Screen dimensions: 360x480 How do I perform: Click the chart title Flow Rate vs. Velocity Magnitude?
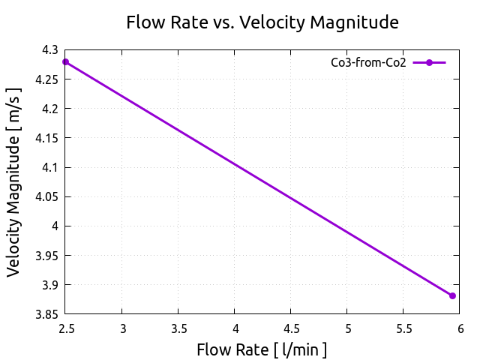[262, 22]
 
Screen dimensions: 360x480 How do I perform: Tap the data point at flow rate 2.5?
[66, 61]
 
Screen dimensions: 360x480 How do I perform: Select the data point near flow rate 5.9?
[452, 295]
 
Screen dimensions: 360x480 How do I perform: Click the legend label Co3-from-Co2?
[368, 63]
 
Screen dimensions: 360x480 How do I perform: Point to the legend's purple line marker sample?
[429, 63]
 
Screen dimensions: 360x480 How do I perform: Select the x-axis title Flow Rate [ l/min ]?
[262, 349]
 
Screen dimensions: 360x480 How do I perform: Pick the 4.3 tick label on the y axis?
[50, 50]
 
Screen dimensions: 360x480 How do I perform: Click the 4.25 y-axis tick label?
[47, 79]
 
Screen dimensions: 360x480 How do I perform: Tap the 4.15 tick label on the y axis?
[47, 138]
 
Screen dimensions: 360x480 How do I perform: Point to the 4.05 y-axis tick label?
[47, 196]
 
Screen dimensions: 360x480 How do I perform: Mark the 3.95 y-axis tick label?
[47, 255]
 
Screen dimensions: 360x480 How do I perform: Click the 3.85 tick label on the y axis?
[47, 314]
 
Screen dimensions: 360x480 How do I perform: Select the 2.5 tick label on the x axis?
[66, 328]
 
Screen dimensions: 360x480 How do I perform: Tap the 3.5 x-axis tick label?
[178, 328]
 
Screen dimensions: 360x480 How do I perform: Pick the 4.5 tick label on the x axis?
[291, 328]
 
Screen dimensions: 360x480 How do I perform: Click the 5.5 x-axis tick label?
[403, 328]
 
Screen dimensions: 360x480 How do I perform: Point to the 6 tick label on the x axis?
[460, 328]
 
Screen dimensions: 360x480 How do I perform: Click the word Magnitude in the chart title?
[355, 22]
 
